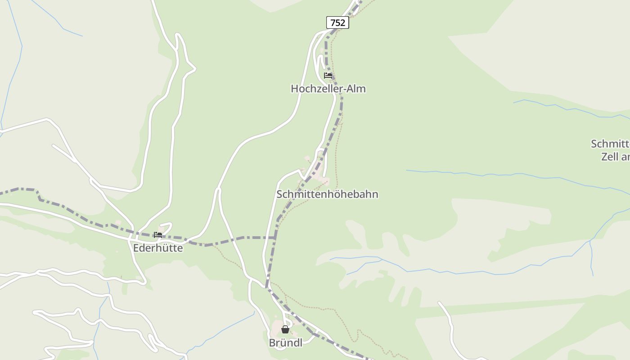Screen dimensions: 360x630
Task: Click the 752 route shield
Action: pos(337,22)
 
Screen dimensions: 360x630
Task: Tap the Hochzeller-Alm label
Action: pos(328,89)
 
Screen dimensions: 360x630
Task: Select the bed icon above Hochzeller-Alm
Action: pos(328,76)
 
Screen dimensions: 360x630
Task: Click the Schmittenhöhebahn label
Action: pos(327,194)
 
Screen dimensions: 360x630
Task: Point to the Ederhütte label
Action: pos(158,248)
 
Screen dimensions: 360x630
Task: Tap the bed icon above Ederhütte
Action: pos(157,235)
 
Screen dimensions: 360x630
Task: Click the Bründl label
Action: pos(285,343)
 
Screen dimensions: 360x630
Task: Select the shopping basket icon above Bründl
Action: pos(285,329)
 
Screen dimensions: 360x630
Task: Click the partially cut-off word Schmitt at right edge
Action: pos(610,144)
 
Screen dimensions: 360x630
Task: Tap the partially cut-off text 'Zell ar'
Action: pos(615,157)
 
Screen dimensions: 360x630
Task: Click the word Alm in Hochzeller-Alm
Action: pos(356,89)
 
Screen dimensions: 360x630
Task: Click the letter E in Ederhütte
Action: pos(136,248)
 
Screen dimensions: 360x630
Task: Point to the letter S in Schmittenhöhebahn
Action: pos(279,194)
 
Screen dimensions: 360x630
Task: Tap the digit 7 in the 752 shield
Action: pos(333,22)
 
